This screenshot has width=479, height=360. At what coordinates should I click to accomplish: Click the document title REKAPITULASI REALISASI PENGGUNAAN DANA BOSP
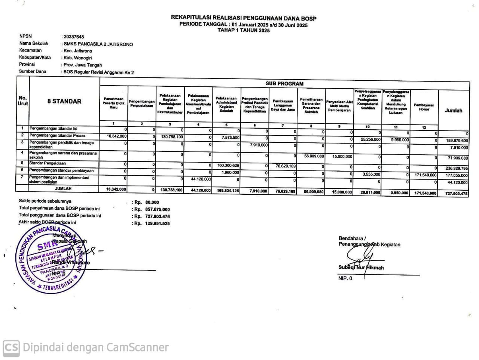pos(244,18)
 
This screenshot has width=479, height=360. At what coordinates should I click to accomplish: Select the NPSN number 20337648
pos(74,37)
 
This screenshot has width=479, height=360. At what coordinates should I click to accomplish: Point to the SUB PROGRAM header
pos(284,84)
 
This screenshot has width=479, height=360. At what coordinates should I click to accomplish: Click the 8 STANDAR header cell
pos(64,101)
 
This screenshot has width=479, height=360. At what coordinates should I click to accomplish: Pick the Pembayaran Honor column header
pos(424,107)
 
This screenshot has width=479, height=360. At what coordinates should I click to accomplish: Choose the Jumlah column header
pos(453,111)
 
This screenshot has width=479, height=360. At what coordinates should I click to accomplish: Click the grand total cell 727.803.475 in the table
pos(454,193)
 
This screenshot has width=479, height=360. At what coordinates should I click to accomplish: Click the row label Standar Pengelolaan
pos(48,163)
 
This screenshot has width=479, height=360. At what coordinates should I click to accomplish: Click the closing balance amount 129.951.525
pos(157,224)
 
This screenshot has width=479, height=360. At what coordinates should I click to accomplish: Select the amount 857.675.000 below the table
pos(157,209)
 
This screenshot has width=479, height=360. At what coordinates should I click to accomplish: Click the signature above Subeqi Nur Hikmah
pos(359,256)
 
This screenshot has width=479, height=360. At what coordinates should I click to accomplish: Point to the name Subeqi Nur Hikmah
pos(361,268)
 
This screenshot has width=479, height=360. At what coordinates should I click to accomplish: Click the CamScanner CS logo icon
pos(11,348)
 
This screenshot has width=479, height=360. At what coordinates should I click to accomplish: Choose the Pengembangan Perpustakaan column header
pos(141,104)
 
